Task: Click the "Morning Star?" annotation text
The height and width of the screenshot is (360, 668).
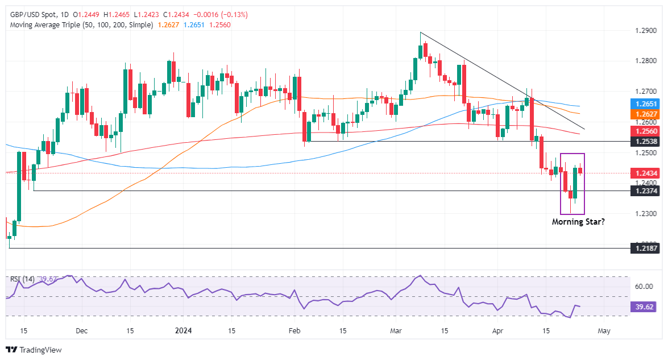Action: point(578,222)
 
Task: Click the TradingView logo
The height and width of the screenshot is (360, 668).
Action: point(34,350)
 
